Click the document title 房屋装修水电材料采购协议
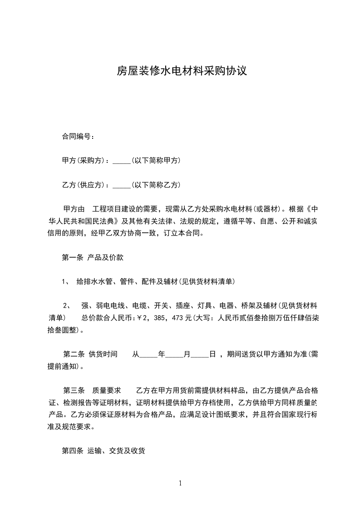(x=182, y=71)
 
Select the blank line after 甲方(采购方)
(x=121, y=161)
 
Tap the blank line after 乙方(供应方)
(x=121, y=185)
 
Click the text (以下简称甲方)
(x=156, y=161)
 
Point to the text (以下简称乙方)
(x=156, y=185)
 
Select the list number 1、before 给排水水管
(x=65, y=282)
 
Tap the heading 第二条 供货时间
(x=90, y=354)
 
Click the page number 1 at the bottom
(x=180, y=483)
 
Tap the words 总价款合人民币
(x=106, y=318)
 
